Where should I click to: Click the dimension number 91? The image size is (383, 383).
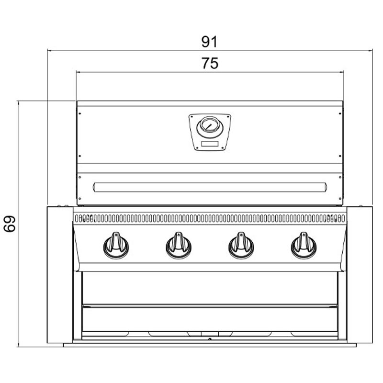(209, 42)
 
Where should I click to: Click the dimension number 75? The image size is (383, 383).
(210, 64)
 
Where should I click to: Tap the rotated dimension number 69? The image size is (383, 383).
(10, 224)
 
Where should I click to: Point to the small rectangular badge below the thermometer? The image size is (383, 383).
(210, 144)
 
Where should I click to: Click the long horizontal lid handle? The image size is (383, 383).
(210, 187)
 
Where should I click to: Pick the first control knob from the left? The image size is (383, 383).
(116, 246)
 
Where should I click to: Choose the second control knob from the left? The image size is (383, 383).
(179, 246)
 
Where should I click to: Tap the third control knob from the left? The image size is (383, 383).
(241, 246)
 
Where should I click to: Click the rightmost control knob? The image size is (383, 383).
(304, 246)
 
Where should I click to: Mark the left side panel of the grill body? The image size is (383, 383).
(60, 275)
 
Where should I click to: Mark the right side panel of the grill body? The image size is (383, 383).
(360, 275)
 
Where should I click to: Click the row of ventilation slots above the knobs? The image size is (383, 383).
(210, 218)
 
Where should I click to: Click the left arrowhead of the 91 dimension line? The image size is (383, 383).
(49, 50)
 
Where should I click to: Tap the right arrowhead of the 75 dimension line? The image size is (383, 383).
(342, 72)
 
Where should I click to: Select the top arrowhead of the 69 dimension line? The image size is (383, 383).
(18, 102)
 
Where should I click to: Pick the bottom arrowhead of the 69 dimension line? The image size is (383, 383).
(18, 345)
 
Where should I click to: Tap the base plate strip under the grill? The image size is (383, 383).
(210, 345)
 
